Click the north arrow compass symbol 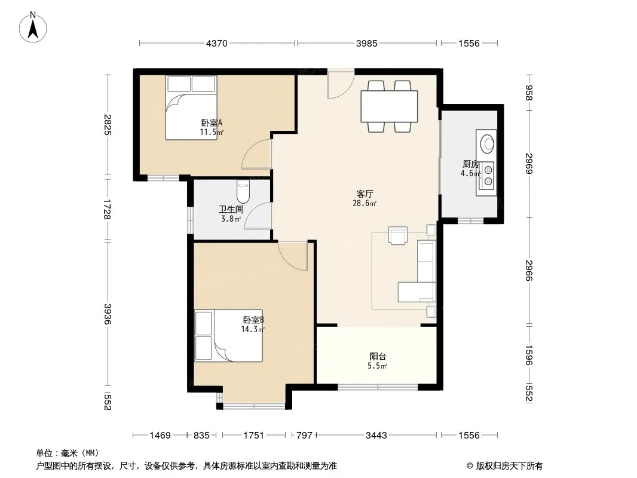(x=33, y=27)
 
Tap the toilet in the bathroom (x=243, y=191)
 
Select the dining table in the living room (x=389, y=106)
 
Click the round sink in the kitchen (x=487, y=143)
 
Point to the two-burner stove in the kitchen (x=486, y=176)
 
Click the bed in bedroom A (x=191, y=108)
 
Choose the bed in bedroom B (x=228, y=335)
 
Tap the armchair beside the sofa (x=398, y=235)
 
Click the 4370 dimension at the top (x=216, y=43)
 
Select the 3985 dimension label (x=366, y=43)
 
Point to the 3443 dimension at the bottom (x=376, y=436)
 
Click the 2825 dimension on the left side (x=107, y=124)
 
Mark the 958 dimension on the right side (x=528, y=93)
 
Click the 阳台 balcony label (x=378, y=356)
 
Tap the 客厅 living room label (x=365, y=194)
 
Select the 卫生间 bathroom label (x=231, y=209)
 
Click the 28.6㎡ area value (x=365, y=203)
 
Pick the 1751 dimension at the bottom (x=253, y=436)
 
